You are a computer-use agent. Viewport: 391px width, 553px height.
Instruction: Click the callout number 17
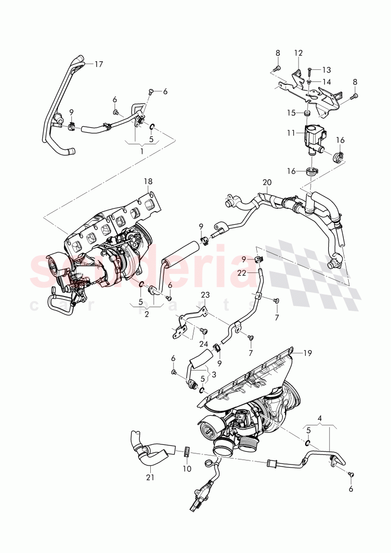(x=98, y=64)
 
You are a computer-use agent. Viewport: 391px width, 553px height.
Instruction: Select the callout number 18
(x=149, y=180)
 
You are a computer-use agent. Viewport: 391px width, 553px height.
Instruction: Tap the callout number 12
(x=299, y=52)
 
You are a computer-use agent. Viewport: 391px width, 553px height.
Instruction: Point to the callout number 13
(x=327, y=70)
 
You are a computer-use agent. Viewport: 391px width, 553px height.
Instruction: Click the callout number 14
(x=327, y=81)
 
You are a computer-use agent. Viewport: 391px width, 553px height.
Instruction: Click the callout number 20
(x=266, y=182)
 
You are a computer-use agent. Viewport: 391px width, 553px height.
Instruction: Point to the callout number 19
(x=308, y=353)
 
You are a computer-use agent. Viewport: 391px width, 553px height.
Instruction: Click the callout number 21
(x=149, y=478)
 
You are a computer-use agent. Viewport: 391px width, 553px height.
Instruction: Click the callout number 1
(x=141, y=151)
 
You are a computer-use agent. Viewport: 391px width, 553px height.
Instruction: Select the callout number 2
(x=146, y=315)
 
